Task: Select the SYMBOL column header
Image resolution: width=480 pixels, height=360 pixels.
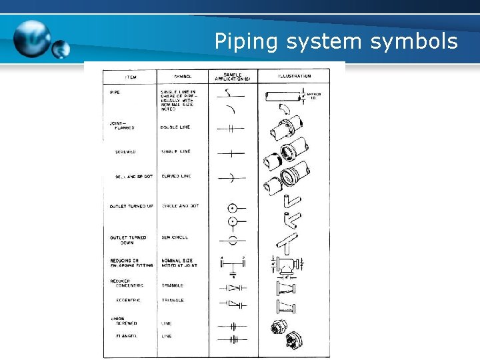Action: pyautogui.click(x=182, y=77)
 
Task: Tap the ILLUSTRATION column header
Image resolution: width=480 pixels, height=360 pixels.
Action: pyautogui.click(x=293, y=77)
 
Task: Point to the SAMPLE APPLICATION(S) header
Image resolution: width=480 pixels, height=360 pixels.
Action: pyautogui.click(x=232, y=77)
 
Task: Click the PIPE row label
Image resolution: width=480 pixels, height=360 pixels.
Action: pyautogui.click(x=115, y=92)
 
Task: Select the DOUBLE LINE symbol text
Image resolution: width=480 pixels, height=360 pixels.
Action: pyautogui.click(x=175, y=127)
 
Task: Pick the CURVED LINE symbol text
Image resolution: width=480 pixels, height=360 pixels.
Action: pyautogui.click(x=176, y=176)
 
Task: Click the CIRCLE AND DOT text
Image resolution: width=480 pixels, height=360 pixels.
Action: pyautogui.click(x=180, y=207)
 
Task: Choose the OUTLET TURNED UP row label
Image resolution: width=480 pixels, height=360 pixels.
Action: pyautogui.click(x=131, y=207)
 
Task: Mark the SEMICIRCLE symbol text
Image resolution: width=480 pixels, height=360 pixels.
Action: pyautogui.click(x=175, y=237)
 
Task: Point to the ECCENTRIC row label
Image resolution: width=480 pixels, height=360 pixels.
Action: pyautogui.click(x=130, y=301)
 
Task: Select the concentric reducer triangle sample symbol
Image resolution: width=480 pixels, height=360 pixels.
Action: pyautogui.click(x=233, y=287)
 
